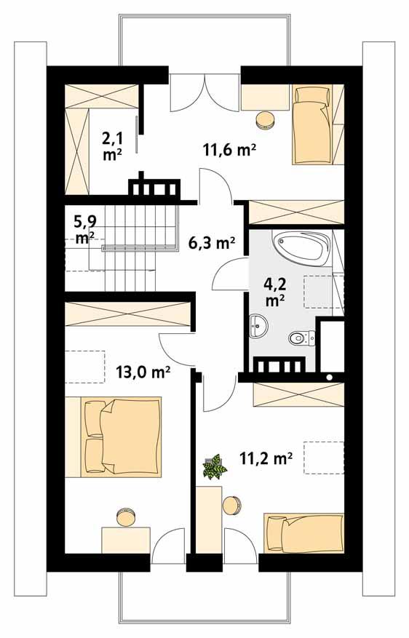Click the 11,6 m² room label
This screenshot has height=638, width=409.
(x=229, y=150)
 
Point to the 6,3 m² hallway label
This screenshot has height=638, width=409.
(x=211, y=242)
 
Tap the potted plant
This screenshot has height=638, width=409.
(x=214, y=466)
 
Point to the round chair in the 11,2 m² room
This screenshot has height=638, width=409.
(x=231, y=504)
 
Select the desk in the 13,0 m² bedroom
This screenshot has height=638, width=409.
(x=125, y=541)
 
